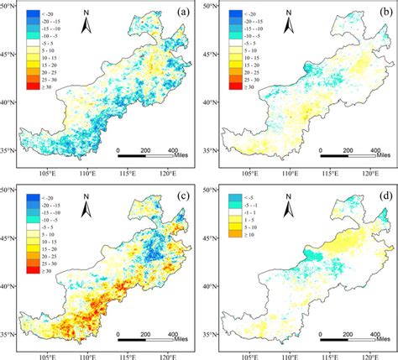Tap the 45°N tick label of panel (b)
pos(210,55)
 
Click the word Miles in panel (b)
pos(387,154)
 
